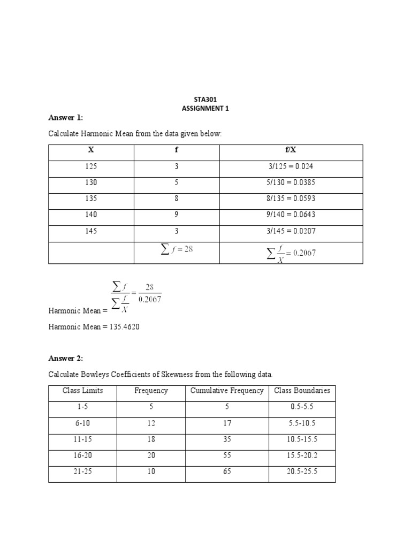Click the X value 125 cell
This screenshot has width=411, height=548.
pos(91,167)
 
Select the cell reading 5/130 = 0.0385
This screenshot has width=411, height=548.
pos(291,183)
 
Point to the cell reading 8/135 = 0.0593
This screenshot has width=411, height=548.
pos(291,199)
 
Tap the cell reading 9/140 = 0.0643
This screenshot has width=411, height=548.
pos(291,215)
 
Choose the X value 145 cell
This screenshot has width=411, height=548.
pos(91,231)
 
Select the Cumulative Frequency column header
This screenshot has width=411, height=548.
pos(227,391)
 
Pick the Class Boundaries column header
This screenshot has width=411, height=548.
pos(302,391)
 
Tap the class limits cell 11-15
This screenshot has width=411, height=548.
pos(83,439)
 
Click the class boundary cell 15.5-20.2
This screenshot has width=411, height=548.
pos(302,455)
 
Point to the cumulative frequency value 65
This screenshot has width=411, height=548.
pos(227,471)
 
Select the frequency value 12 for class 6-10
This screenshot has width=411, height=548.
pos(151,423)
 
